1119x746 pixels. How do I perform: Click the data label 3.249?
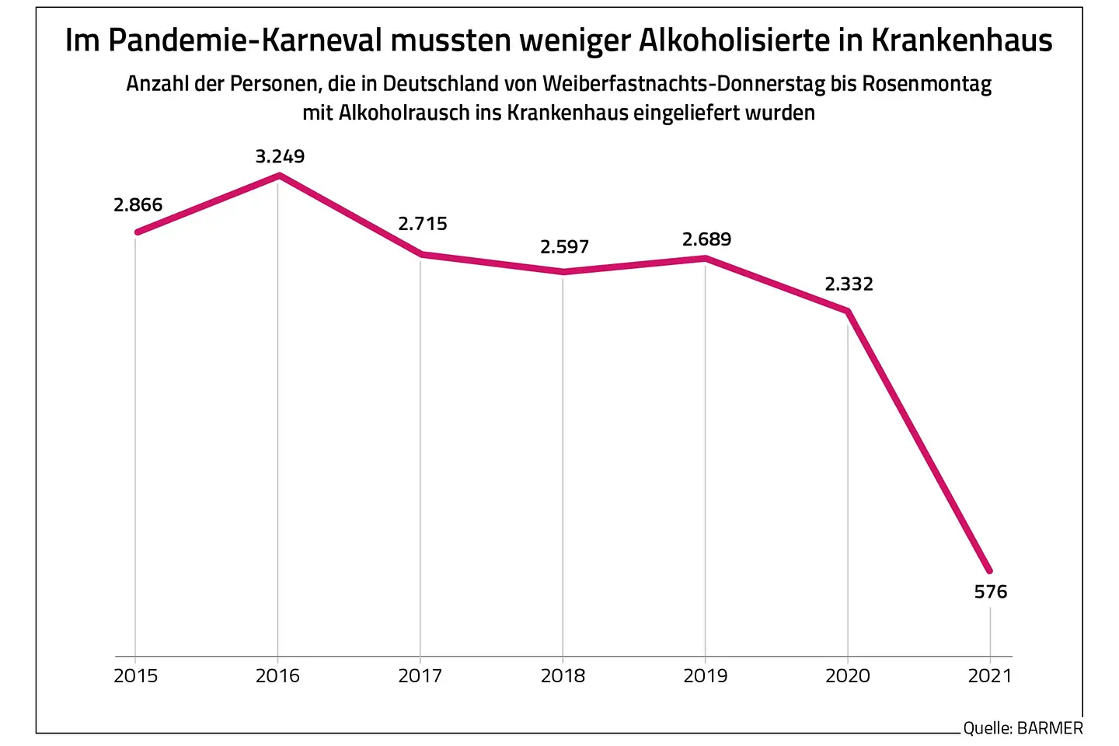pyautogui.click(x=280, y=156)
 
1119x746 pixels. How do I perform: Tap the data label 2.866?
pyautogui.click(x=138, y=205)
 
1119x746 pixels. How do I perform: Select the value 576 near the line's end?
pyautogui.click(x=990, y=592)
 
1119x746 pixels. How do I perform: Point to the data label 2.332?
pyautogui.click(x=849, y=284)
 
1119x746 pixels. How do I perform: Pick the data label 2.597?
pyautogui.click(x=564, y=247)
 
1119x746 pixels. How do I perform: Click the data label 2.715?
pyautogui.click(x=423, y=224)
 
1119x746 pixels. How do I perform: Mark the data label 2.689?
pyautogui.click(x=706, y=239)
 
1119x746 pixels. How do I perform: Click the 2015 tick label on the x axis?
pyautogui.click(x=135, y=676)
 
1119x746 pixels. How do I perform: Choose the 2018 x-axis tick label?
pyautogui.click(x=563, y=676)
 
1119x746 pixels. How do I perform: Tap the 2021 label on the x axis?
pyautogui.click(x=990, y=676)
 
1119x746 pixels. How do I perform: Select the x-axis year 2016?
pyautogui.click(x=277, y=676)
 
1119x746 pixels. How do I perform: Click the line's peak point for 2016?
pyautogui.click(x=278, y=176)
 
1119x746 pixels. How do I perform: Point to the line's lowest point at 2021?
pyautogui.click(x=989, y=571)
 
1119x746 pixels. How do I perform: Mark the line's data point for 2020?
pyautogui.click(x=848, y=311)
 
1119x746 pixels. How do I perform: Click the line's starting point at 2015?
pyautogui.click(x=137, y=232)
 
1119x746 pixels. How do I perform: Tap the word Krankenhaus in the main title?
pyautogui.click(x=961, y=40)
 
